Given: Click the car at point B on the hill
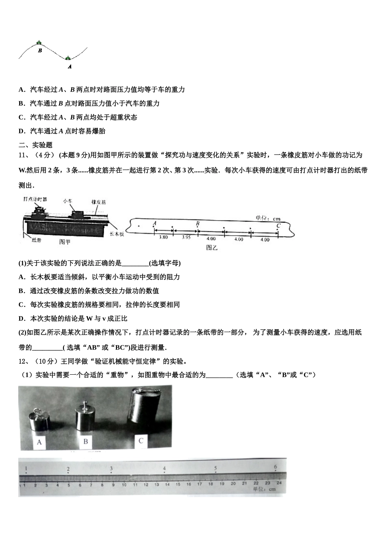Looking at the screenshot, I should coord(39,42).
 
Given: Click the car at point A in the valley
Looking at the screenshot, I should coord(68,58).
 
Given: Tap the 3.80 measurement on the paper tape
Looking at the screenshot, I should coord(163,237).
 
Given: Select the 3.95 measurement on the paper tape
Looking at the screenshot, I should coord(186,237).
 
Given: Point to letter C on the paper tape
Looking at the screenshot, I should coord(278,226).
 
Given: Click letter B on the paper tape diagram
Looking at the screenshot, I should coord(197,223).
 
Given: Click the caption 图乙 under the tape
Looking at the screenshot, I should coord(212,247).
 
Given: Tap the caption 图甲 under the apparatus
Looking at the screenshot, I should coord(65,242).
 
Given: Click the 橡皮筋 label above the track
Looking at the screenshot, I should coord(98,202).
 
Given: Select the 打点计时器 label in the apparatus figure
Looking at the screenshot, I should coord(35,199).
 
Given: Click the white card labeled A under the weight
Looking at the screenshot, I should coord(39,442).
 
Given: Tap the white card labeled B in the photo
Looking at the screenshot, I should coord(85,441).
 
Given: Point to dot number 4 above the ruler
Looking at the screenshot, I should coord(164,469).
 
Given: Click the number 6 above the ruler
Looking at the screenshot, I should coord(275,467).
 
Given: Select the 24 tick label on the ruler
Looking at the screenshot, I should coord(279,484).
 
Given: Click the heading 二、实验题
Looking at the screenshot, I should coord(35,145).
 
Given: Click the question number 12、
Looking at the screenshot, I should coord(24,361).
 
